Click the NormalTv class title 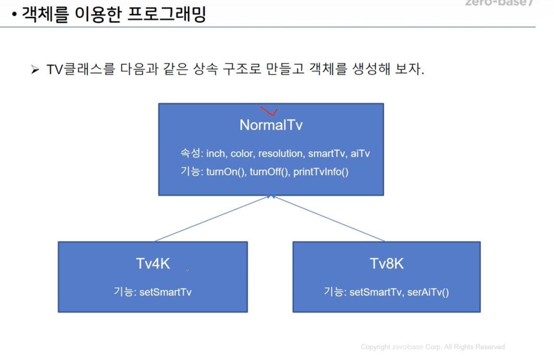click(x=271, y=125)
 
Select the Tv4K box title click(x=153, y=264)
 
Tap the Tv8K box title click(x=386, y=264)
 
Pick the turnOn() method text click(x=226, y=172)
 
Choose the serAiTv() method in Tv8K click(x=428, y=292)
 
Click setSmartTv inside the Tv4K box click(x=165, y=292)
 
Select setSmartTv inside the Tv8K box click(x=375, y=292)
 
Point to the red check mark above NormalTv click(x=269, y=111)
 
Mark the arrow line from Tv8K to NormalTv click(x=329, y=219)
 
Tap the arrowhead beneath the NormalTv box click(x=271, y=197)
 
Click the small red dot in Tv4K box click(x=187, y=271)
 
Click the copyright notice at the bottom click(x=433, y=347)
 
